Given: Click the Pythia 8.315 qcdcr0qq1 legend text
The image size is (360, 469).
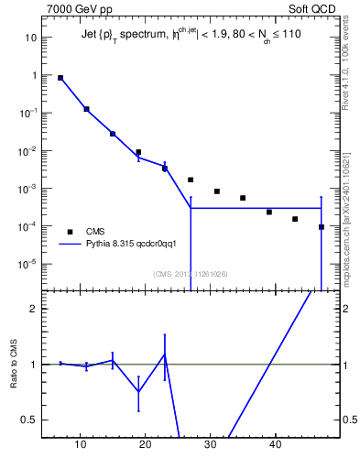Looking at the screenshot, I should point(137,245).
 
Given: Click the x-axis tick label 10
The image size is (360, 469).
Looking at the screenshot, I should point(81,445).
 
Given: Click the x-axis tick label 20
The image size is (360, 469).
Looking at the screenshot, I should point(146,445).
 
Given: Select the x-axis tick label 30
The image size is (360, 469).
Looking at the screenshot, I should point(211,445).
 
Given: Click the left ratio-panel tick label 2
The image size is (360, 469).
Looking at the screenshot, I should point(33,309).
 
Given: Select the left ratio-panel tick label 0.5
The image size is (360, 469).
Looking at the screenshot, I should point(29,420).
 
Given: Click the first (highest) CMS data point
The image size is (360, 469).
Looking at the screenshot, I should point(60,78).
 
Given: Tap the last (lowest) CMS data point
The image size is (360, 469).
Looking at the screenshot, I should point(322,227).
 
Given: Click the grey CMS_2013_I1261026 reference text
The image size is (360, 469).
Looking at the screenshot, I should point(190,273).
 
